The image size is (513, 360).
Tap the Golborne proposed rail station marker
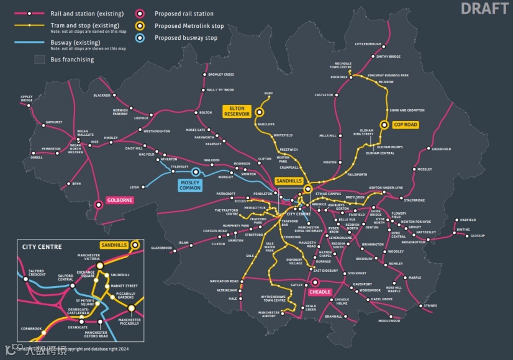[98, 204]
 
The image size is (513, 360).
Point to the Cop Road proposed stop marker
[384, 125]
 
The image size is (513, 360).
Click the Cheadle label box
[319, 292]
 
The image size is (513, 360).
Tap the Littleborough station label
[368, 44]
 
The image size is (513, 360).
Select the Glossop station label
[477, 236]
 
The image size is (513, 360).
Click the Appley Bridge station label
[27, 98]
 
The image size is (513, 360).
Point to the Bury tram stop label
[268, 94]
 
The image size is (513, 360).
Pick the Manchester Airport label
[269, 314]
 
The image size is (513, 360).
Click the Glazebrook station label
[161, 248]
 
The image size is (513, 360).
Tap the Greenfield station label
[442, 149]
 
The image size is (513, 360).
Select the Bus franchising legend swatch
[40, 60]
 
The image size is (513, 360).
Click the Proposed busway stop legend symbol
[142, 38]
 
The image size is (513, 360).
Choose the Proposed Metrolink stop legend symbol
[142, 25]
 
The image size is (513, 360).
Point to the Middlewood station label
[389, 321]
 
